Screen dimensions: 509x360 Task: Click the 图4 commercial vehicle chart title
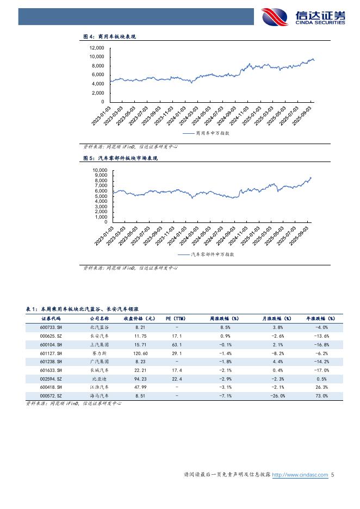point(109,37)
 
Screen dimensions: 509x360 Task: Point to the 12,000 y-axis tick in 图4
point(97,48)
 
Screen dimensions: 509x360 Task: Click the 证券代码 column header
point(51,319)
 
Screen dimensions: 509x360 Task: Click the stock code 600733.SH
point(51,327)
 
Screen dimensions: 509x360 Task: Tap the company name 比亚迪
point(99,378)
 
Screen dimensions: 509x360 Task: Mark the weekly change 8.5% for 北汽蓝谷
point(225,327)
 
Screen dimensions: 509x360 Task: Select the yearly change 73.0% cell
point(321,396)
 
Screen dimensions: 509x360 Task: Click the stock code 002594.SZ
point(51,378)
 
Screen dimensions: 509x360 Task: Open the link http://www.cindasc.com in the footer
point(300,475)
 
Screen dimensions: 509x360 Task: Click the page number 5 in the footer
point(332,475)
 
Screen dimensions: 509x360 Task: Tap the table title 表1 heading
point(82,308)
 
